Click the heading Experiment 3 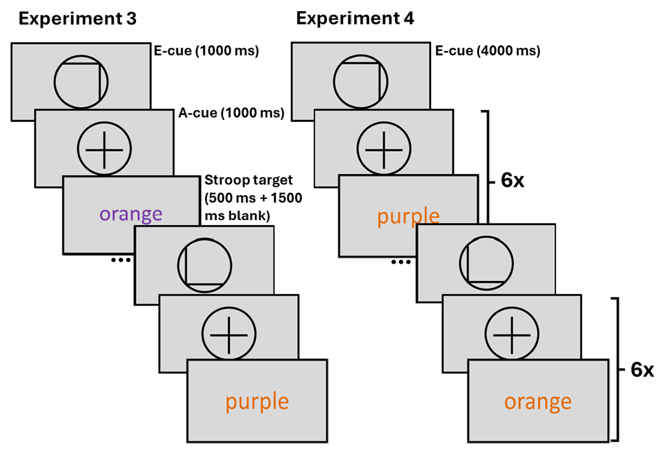[78, 18]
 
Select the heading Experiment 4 [355, 18]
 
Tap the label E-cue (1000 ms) [206, 52]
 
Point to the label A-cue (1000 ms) [231, 114]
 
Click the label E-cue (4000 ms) [488, 52]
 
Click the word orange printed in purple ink [131, 214]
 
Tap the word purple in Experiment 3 [257, 401]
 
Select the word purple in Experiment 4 [408, 217]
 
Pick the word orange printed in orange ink [538, 401]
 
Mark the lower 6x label [643, 369]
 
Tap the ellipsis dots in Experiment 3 [121, 259]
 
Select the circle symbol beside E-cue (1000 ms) [81, 82]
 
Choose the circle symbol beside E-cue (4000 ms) [361, 82]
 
